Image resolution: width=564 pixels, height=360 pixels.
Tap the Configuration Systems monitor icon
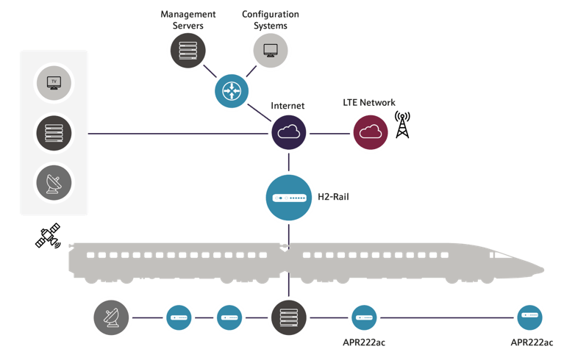[x=270, y=50]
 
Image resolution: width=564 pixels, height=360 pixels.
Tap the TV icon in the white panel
[x=54, y=82]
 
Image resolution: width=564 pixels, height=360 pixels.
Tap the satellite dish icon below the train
[x=111, y=318]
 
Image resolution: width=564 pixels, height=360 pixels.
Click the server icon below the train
[x=288, y=318]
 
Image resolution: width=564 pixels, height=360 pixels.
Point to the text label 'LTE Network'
[x=370, y=103]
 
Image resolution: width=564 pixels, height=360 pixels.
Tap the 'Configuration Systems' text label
[x=271, y=19]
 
